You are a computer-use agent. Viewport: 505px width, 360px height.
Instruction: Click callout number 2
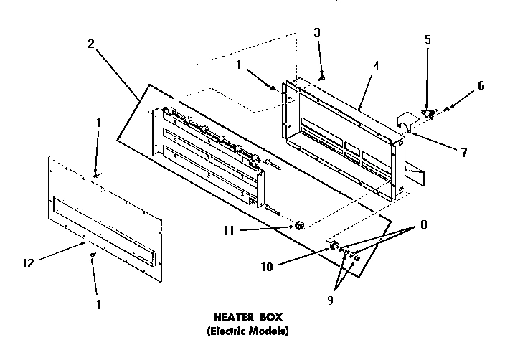coord(91,44)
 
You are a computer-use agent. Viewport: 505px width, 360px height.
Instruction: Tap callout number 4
coord(376,65)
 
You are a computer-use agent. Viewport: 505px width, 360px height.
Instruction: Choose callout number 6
coord(480,85)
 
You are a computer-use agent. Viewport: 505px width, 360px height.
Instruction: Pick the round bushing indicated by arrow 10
coord(334,247)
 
